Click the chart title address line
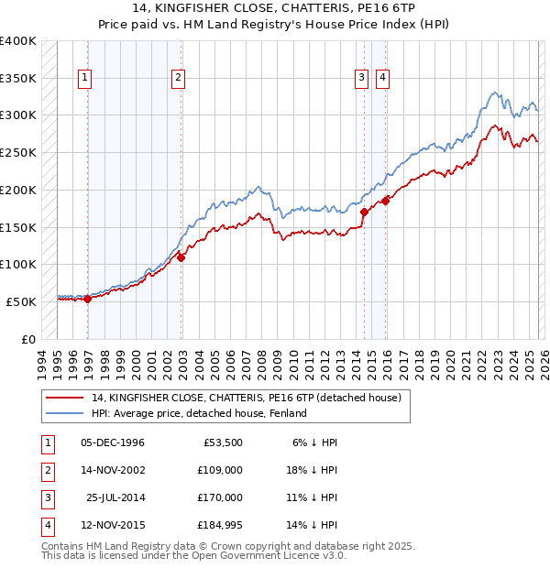tap(275, 8)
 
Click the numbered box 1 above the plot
tap(84, 79)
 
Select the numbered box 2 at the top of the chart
tap(177, 79)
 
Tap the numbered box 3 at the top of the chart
tap(362, 79)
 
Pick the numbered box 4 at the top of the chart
tap(381, 79)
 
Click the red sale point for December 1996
tap(88, 299)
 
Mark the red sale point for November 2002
tap(181, 257)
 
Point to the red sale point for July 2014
tap(365, 212)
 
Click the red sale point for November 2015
tap(385, 201)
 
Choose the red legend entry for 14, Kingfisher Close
tap(246, 398)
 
